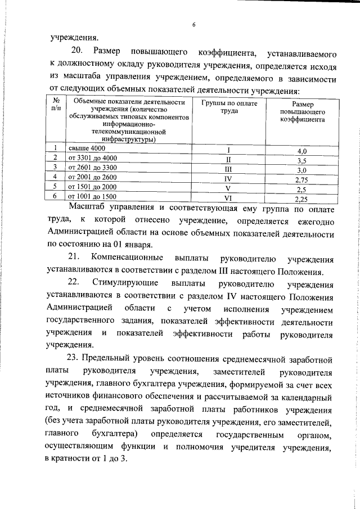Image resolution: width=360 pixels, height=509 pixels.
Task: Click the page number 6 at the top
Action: point(193,25)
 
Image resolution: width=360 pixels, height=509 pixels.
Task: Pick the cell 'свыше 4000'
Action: point(87,148)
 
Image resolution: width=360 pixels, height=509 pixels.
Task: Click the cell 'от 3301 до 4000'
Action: point(93,158)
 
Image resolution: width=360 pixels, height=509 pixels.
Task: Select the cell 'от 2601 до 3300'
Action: point(93,168)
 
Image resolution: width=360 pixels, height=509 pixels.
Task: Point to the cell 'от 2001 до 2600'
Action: point(93,177)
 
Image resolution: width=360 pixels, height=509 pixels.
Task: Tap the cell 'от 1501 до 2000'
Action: point(93,187)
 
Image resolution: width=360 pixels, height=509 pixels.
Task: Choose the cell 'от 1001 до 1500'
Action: point(93,196)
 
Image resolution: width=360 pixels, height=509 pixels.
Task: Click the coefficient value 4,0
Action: point(302,151)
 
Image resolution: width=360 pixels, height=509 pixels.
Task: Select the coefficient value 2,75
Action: point(303,180)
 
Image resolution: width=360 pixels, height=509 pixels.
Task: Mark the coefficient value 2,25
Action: point(303,199)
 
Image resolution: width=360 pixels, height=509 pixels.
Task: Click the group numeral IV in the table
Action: point(228,179)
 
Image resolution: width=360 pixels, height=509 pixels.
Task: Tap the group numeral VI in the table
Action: point(228,198)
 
